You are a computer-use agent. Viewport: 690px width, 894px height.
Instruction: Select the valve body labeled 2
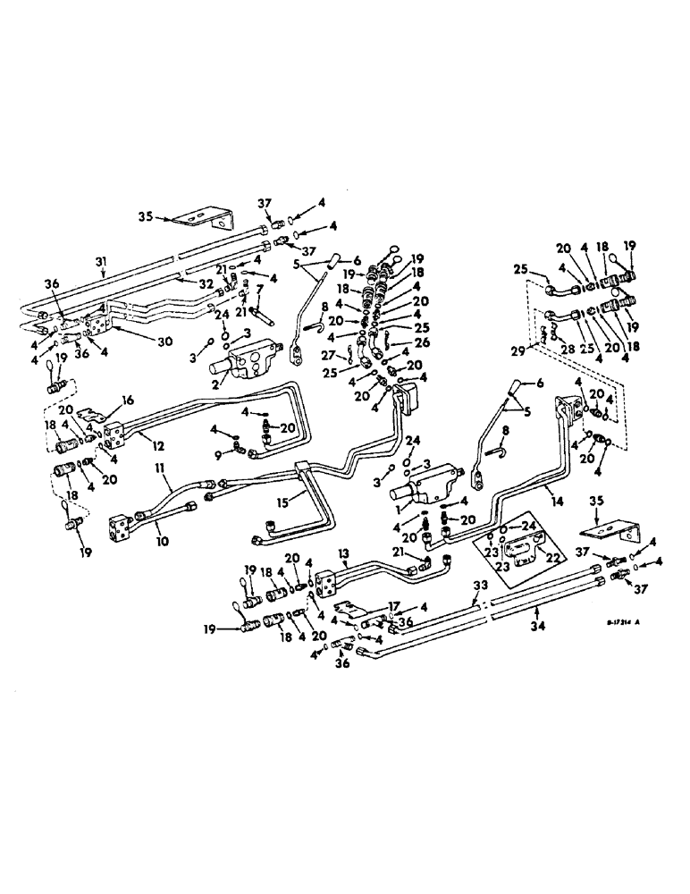click(x=244, y=367)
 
